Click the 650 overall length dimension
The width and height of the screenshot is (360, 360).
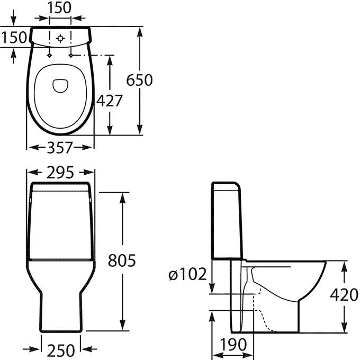click(x=139, y=80)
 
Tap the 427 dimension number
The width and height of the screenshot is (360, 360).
click(x=110, y=101)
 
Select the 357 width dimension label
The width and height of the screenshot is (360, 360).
click(x=60, y=147)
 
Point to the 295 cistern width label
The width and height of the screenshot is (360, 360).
click(x=60, y=173)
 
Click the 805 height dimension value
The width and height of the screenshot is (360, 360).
click(x=122, y=260)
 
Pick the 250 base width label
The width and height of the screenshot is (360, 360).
click(x=61, y=350)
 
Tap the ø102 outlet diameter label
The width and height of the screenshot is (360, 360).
click(x=187, y=274)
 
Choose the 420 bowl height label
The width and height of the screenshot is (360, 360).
click(x=344, y=295)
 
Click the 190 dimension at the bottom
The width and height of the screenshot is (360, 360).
click(x=233, y=345)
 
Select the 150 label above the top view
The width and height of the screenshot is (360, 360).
click(x=59, y=7)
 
